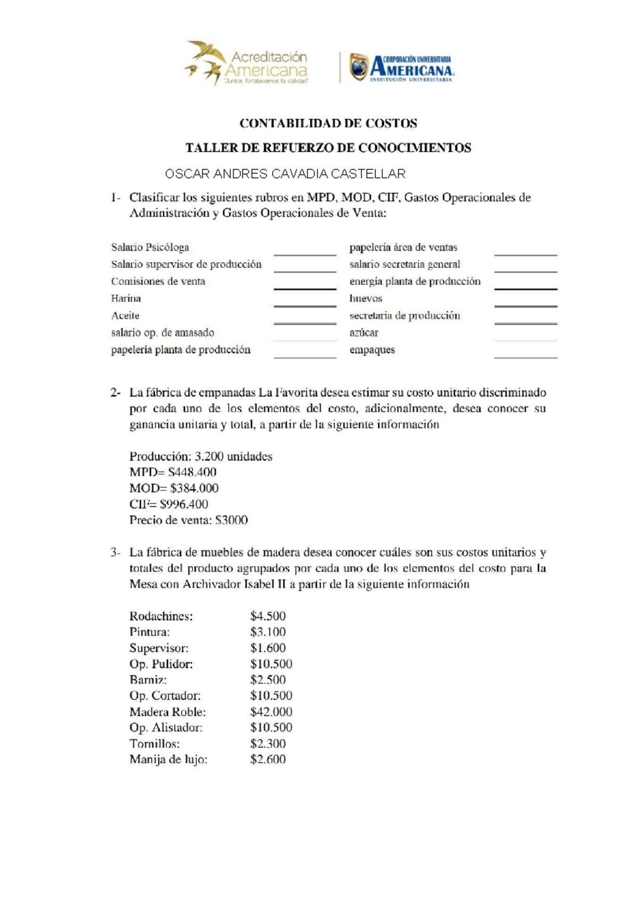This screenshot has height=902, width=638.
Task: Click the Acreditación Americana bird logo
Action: tap(204, 62)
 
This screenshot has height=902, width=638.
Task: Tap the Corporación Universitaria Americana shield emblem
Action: tap(358, 67)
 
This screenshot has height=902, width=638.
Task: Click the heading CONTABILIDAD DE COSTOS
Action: tap(328, 123)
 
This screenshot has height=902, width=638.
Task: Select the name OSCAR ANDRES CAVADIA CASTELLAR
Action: tap(285, 174)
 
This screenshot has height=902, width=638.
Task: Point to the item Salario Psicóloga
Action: tap(150, 247)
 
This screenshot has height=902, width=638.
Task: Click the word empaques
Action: tap(372, 350)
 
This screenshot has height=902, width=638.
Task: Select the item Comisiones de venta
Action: tap(158, 281)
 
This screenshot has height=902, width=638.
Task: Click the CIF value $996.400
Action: tap(184, 504)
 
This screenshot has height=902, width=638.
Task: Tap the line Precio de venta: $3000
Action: tap(188, 520)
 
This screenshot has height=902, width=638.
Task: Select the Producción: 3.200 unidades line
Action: tap(200, 456)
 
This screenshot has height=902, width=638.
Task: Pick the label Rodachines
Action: tap(161, 616)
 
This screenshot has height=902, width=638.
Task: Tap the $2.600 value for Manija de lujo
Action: tap(268, 759)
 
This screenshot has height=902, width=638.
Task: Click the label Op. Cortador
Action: tap(165, 696)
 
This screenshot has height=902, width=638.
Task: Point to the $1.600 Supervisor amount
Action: tap(268, 648)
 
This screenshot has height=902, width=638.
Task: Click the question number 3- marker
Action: tap(115, 553)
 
